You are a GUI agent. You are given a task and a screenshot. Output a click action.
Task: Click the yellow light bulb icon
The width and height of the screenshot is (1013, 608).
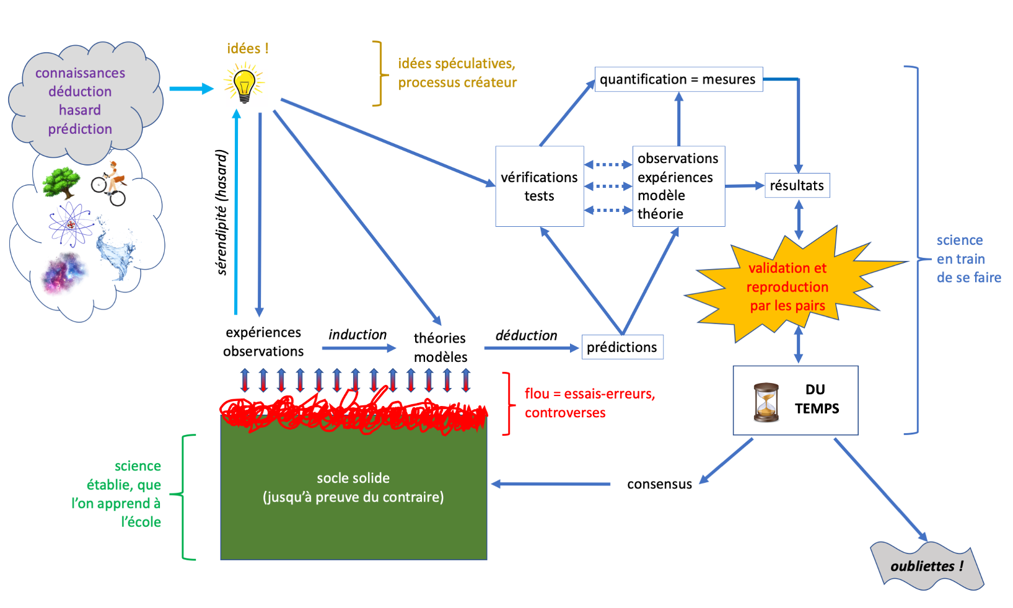pos(244,86)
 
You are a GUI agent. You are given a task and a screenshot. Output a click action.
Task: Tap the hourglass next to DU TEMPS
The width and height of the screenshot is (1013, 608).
pos(766,402)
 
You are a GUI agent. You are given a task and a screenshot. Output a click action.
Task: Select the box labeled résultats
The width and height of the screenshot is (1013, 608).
pos(797,185)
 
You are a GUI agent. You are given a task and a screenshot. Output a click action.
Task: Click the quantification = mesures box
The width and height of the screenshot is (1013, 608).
pos(678,79)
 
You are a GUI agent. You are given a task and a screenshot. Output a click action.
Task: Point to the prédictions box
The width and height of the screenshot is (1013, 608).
pos(622,347)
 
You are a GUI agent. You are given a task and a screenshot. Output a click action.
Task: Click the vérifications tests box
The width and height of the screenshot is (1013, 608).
pos(539,187)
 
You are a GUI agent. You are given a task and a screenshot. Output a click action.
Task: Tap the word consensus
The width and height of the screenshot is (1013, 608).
pos(659,484)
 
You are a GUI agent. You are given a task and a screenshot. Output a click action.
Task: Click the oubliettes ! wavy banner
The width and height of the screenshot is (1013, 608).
pos(926,566)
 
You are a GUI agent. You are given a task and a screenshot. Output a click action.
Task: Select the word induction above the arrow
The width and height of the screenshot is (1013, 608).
pos(357,335)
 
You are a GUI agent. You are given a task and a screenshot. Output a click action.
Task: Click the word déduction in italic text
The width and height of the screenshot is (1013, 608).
pos(526,335)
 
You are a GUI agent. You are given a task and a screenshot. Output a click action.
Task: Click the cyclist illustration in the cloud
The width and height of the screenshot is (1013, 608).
pos(110,183)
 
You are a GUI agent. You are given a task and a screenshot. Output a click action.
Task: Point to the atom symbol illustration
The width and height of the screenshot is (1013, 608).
pos(71,224)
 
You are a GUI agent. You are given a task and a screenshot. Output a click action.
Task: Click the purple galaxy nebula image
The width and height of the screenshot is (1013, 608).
pos(64,273)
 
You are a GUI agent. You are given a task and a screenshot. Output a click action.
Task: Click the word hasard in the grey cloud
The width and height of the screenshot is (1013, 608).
pos(79,110)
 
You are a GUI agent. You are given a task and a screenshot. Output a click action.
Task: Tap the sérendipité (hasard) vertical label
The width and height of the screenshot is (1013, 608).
pos(222,212)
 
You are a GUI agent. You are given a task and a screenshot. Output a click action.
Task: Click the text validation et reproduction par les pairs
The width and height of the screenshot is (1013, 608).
pos(787,286)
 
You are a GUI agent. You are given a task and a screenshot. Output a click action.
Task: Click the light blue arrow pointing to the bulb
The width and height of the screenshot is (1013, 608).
pos(190,89)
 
